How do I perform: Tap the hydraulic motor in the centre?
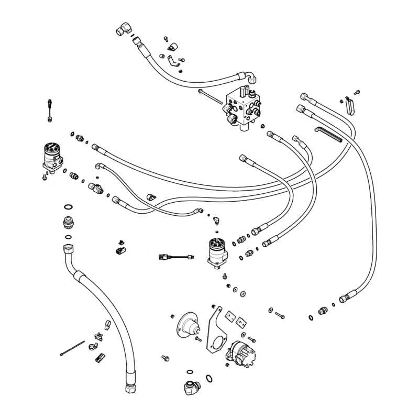coord(217,252)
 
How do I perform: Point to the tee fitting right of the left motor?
coord(96,186)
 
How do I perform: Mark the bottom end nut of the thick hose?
coord(129,388)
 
